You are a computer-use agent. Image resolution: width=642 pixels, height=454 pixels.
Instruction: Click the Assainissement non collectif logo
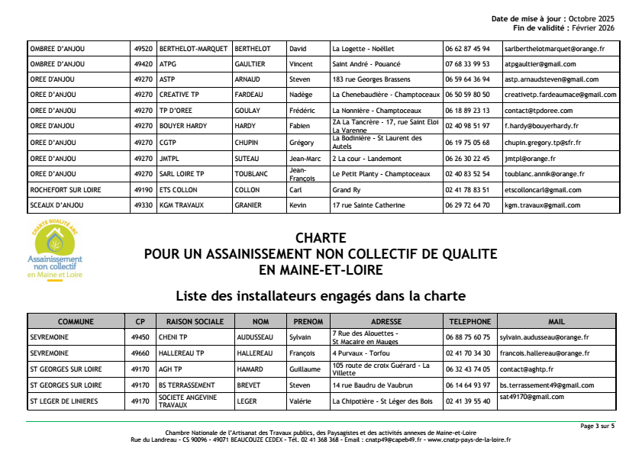tap(55, 252)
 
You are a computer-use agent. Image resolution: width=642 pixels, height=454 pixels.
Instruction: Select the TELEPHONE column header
tap(469, 321)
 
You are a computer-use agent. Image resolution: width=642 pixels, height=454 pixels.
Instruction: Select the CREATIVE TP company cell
tap(179, 95)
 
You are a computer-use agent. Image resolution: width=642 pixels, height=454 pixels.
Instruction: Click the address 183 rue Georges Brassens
tap(371, 79)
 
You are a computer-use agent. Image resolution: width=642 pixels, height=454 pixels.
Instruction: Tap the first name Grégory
tap(301, 143)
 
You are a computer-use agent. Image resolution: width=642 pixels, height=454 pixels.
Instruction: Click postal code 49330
tap(141, 205)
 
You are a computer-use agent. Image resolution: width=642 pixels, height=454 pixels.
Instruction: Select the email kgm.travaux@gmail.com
tap(542, 205)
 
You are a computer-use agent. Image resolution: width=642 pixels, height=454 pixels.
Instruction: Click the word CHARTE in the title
tap(321, 238)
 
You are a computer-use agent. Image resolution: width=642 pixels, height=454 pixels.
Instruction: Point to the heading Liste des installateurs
tap(320, 295)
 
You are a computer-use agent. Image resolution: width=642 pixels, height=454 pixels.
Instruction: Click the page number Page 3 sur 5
tap(597, 426)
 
